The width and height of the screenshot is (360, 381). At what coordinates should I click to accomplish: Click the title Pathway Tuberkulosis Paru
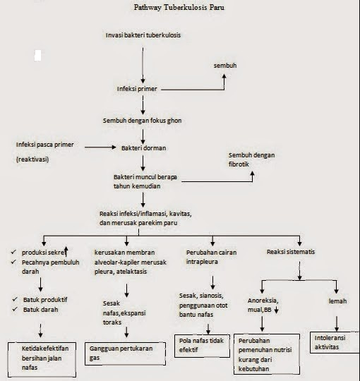point(179,7)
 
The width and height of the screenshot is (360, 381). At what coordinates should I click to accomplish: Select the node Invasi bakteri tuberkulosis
point(143,35)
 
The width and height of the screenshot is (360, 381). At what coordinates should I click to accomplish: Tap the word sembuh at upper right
point(225,66)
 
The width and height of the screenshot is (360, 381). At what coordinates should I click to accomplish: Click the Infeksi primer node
point(137,89)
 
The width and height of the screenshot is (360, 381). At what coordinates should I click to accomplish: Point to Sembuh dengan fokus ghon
point(142,121)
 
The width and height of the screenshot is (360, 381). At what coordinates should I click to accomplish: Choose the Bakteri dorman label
point(144,148)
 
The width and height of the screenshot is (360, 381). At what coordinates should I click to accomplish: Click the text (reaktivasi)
point(32,159)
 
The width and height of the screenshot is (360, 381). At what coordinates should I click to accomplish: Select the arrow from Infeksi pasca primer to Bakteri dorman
point(100,147)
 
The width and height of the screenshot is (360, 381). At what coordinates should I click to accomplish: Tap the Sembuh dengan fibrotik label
point(251,159)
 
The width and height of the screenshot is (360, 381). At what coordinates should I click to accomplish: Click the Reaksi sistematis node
point(291,252)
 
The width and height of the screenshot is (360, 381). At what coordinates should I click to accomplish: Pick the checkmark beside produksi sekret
point(13,252)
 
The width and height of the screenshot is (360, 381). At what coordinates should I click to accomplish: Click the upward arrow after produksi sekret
point(66,251)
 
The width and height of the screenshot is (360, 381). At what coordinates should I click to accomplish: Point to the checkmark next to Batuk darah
point(15,309)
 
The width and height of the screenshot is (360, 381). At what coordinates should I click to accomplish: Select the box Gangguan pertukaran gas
point(125,353)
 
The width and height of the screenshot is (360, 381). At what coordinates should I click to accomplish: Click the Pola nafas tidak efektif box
point(202,346)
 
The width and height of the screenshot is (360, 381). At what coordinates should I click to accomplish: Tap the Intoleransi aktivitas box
point(335,342)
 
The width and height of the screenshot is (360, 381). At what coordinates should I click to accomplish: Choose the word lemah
point(337,301)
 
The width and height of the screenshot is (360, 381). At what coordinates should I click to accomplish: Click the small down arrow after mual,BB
point(277,310)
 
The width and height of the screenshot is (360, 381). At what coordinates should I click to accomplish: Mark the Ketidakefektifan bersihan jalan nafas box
point(42,360)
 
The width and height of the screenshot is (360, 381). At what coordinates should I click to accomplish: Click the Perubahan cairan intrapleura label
point(211,257)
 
